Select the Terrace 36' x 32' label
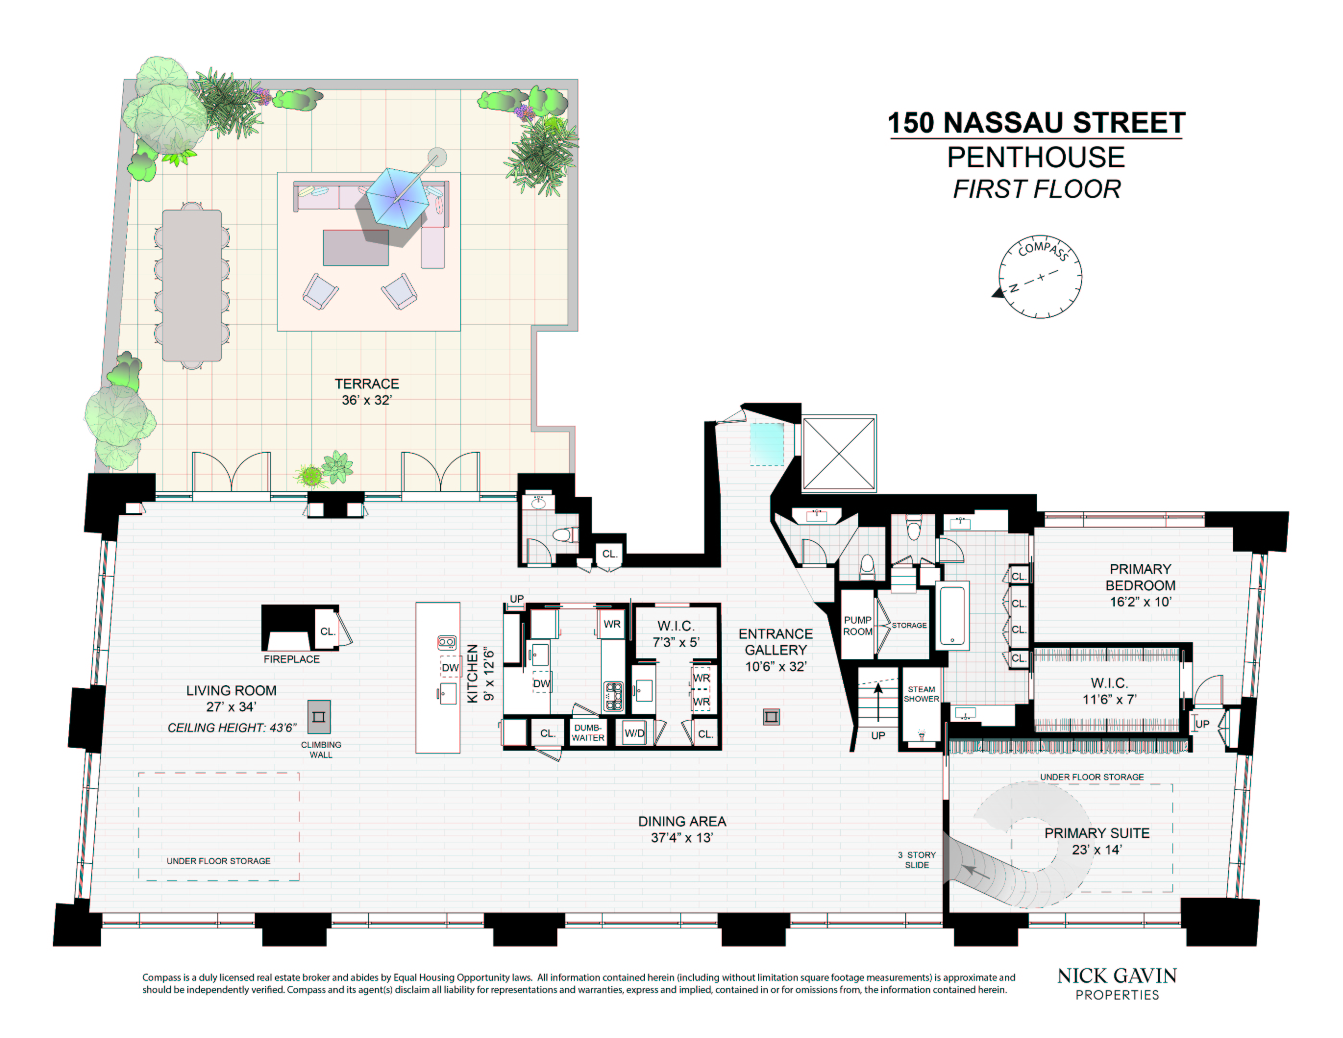coord(367,392)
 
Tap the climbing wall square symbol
coord(319,717)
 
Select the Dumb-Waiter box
coord(588,732)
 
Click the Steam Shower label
coord(921,693)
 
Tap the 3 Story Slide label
coord(917,860)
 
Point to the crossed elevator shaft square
coord(839,454)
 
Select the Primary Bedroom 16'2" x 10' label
coord(1140,585)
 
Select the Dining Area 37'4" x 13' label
coord(682,829)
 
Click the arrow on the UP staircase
coord(878,701)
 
